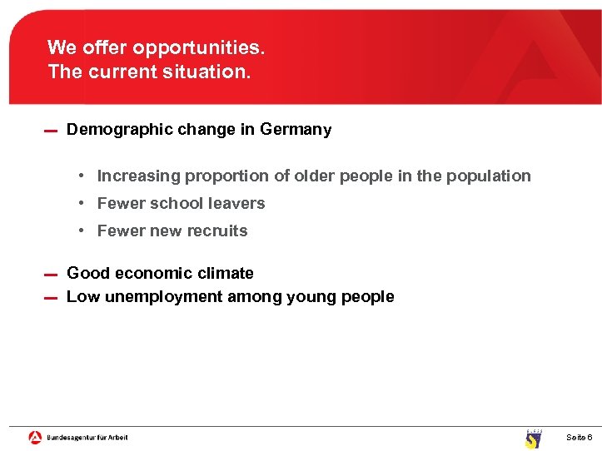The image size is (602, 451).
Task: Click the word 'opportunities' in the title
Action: [x=197, y=47]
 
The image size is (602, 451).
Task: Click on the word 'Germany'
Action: [x=296, y=130]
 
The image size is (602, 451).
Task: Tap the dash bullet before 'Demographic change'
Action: [x=50, y=131]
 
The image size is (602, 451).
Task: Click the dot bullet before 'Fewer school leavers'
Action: [x=83, y=204]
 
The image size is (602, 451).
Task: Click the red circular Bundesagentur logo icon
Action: [x=35, y=437]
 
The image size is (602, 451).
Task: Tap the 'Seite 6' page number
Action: [x=579, y=438]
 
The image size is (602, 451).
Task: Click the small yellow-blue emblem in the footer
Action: [x=533, y=439]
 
